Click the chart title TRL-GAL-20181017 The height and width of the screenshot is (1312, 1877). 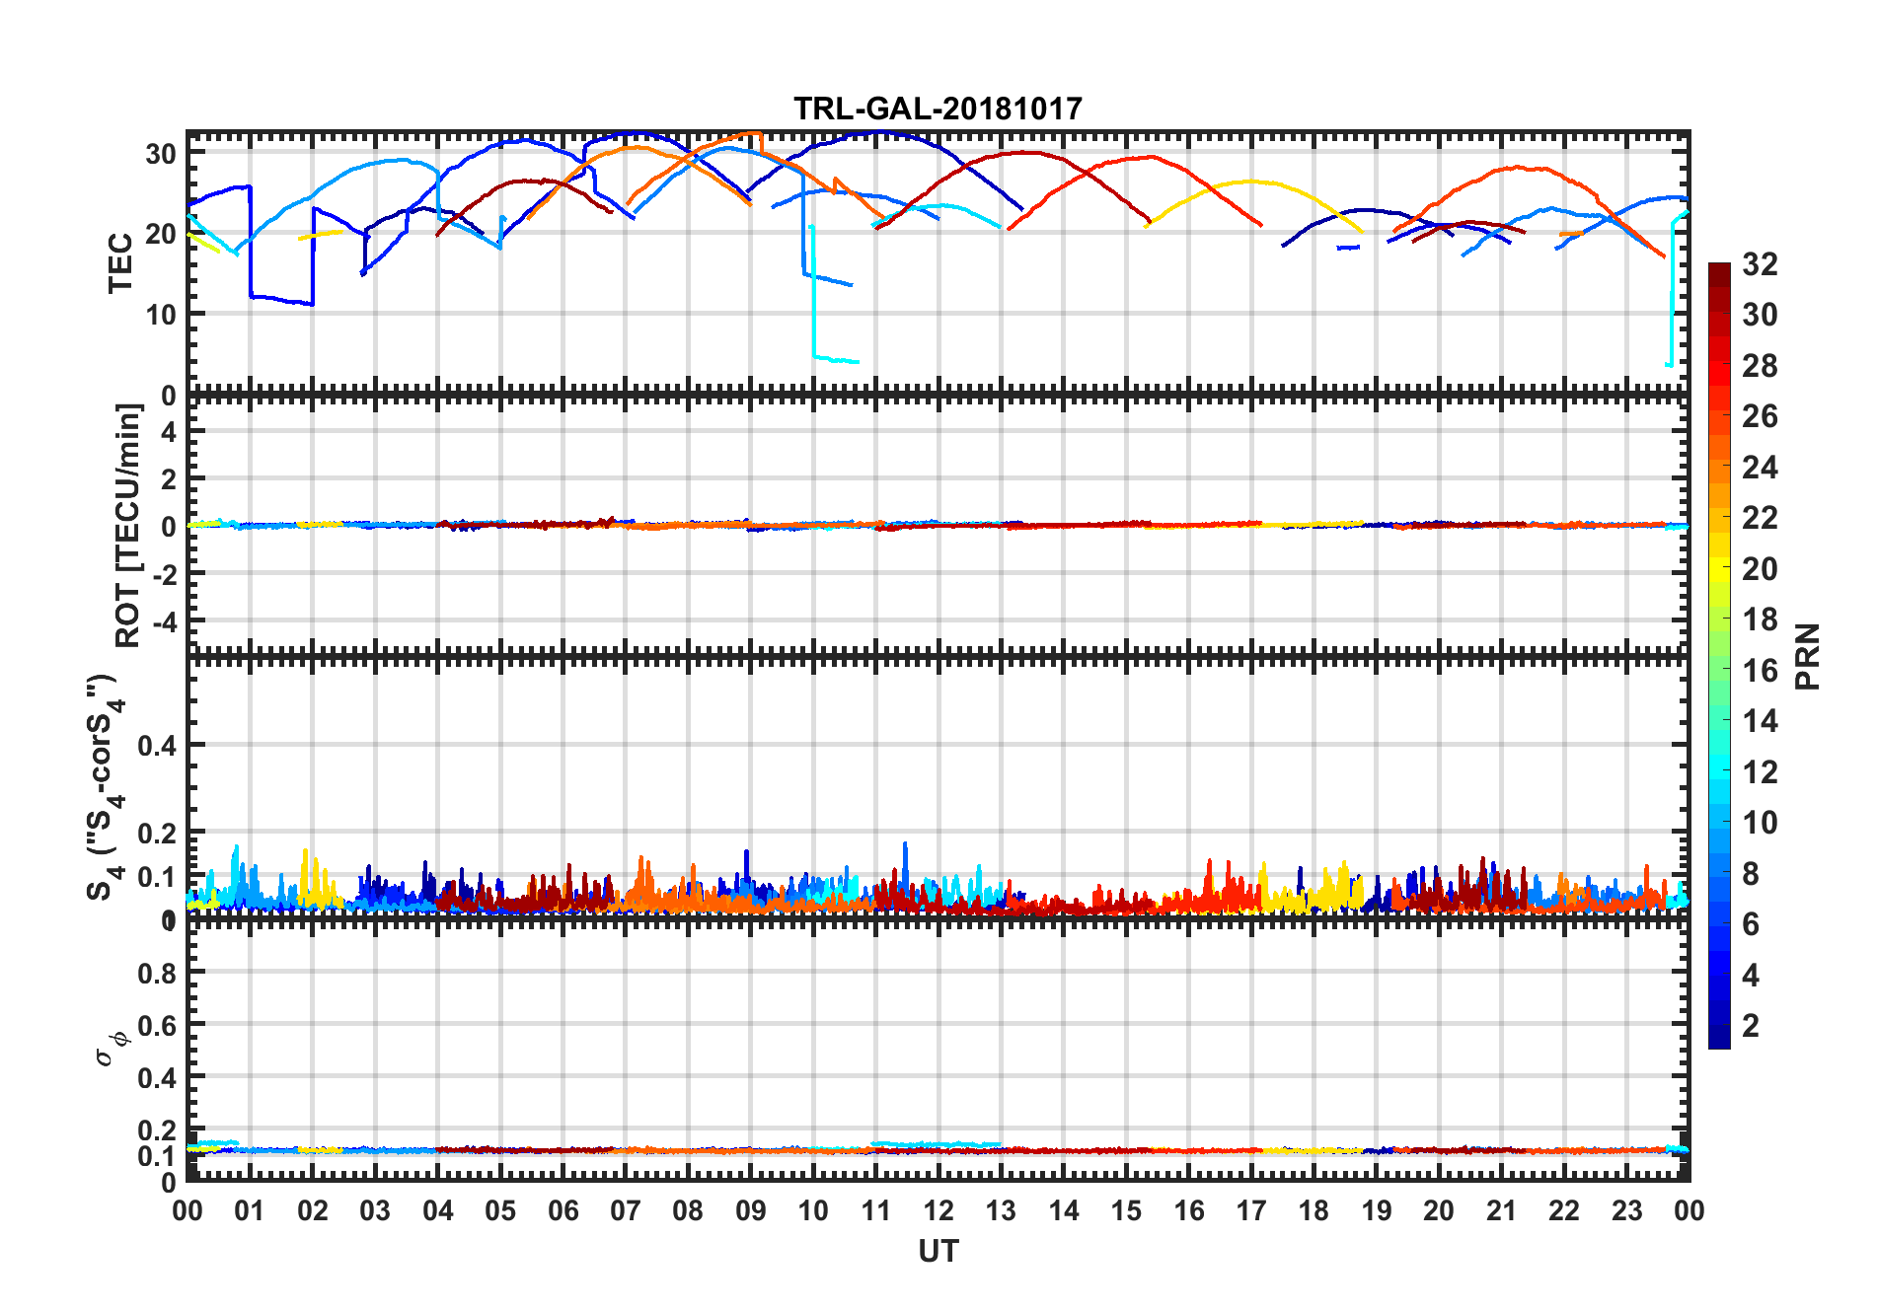(938, 109)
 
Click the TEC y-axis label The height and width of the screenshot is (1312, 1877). (120, 262)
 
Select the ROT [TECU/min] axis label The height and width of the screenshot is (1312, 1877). (128, 525)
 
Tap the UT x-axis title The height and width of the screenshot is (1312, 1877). (938, 1251)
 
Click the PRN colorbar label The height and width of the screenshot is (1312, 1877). (1808, 656)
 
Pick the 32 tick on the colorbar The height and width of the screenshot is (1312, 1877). (1760, 264)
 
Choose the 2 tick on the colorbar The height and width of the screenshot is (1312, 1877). (1751, 1026)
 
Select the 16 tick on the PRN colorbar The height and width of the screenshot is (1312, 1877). (1760, 671)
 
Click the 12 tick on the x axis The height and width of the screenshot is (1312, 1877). (938, 1210)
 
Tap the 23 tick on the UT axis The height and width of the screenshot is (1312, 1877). (1626, 1210)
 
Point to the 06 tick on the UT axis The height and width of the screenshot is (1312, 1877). (563, 1210)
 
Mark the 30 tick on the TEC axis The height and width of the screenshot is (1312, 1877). (161, 154)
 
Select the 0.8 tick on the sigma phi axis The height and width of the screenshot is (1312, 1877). (158, 973)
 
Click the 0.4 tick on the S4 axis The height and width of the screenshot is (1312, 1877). (158, 746)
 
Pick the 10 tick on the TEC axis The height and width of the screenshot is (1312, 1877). (161, 315)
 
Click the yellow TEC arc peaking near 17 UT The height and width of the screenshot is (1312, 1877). (1251, 182)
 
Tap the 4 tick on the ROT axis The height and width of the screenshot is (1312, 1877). (169, 431)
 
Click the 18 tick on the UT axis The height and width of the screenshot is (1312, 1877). (1314, 1210)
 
